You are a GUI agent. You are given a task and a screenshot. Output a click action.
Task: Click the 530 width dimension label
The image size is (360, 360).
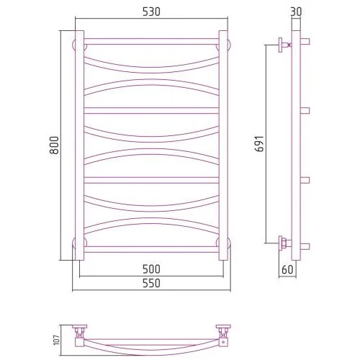(151, 12)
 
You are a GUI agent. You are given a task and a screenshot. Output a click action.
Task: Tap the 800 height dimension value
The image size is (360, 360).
(54, 145)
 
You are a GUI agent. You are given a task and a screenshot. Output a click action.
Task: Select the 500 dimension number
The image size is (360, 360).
(151, 269)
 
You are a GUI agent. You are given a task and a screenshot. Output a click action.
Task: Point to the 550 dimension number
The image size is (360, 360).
(151, 283)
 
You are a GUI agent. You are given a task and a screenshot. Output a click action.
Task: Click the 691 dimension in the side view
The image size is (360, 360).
(259, 144)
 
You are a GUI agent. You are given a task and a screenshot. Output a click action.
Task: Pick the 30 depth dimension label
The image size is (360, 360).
(296, 12)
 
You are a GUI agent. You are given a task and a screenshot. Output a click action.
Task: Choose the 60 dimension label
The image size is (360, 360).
(287, 269)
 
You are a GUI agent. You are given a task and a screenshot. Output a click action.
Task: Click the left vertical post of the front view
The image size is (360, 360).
(80, 145)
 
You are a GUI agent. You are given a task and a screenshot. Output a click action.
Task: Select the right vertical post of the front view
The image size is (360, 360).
(223, 145)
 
